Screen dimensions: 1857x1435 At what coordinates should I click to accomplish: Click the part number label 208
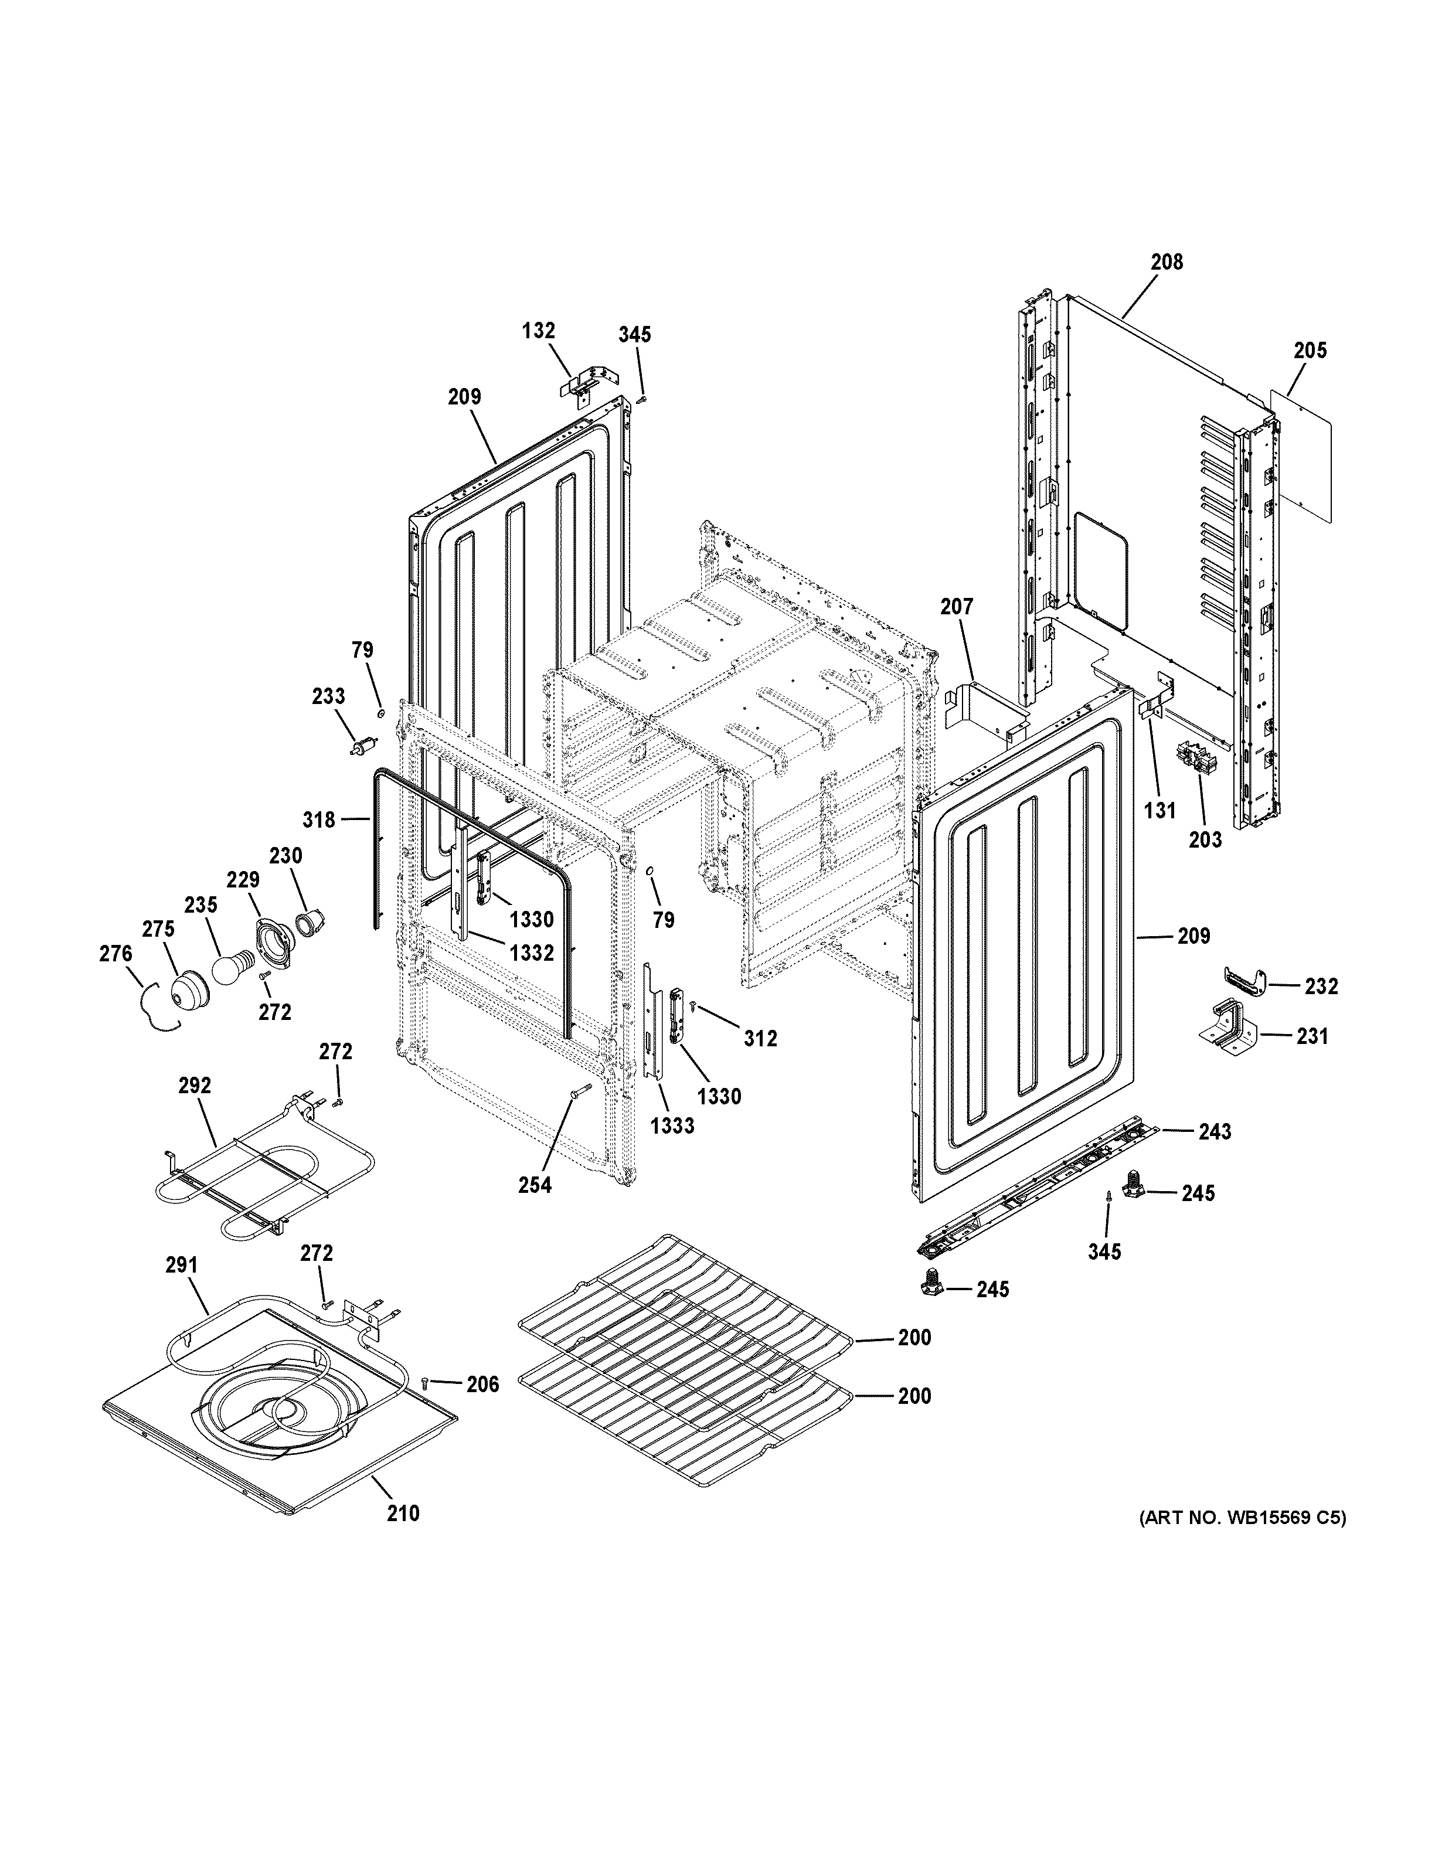tap(1167, 262)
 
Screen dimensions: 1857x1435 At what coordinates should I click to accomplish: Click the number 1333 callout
tap(672, 1126)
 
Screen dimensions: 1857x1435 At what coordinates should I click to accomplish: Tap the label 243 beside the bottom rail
tap(1214, 1132)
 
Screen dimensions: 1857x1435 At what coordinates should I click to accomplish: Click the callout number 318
tap(319, 819)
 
